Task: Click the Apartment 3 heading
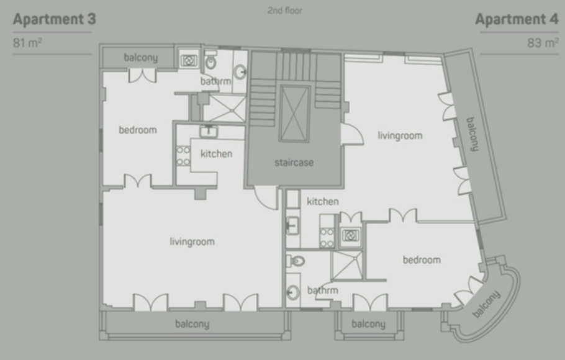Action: pyautogui.click(x=55, y=19)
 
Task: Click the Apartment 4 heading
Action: pyautogui.click(x=517, y=19)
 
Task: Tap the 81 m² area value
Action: pyautogui.click(x=27, y=43)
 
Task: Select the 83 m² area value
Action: pyautogui.click(x=543, y=43)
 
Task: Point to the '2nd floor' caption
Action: pyautogui.click(x=284, y=11)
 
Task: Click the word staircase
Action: pyautogui.click(x=294, y=163)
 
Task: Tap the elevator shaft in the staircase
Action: pyautogui.click(x=295, y=114)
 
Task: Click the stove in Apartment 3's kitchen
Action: pyautogui.click(x=183, y=156)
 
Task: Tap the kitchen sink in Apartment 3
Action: pyautogui.click(x=209, y=132)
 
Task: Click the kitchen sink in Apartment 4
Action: pyautogui.click(x=292, y=225)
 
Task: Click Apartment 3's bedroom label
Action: pyautogui.click(x=138, y=130)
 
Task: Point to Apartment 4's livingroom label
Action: pyautogui.click(x=400, y=136)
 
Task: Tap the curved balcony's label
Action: pyautogui.click(x=486, y=304)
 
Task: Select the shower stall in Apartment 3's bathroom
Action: pyautogui.click(x=225, y=108)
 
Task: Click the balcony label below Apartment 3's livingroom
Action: pyautogui.click(x=192, y=324)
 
